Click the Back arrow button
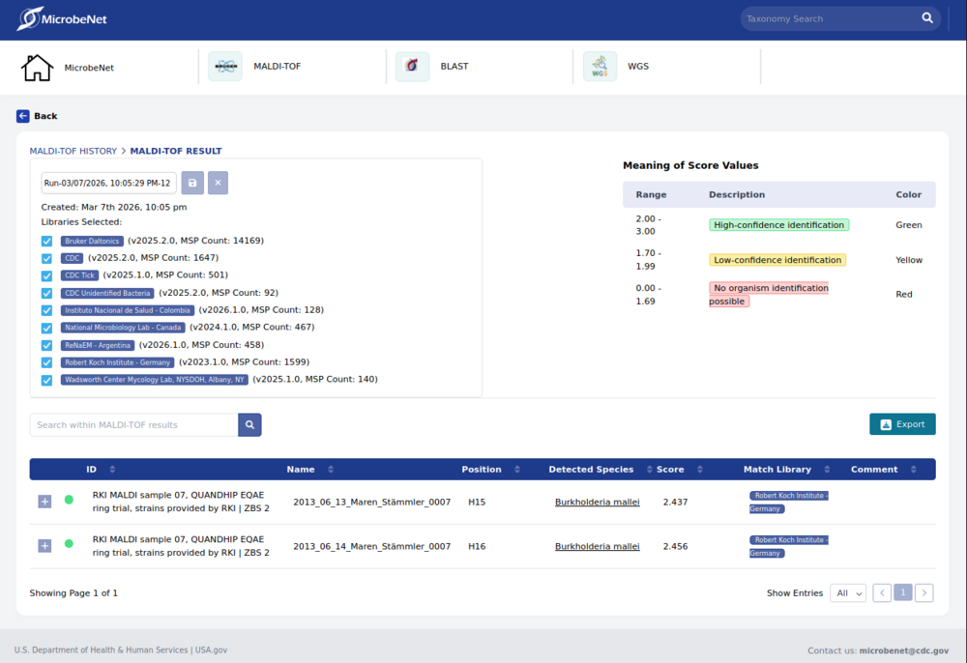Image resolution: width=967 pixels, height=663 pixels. coord(23,116)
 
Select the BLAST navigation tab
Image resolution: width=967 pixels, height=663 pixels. coord(454,67)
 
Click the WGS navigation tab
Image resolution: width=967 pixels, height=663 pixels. coord(637,67)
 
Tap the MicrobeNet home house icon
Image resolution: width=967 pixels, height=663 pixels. coord(37,68)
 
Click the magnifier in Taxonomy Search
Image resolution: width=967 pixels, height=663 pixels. coord(927,18)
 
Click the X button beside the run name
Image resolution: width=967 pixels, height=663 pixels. coord(218,183)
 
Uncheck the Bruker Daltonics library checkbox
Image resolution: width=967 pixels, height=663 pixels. coord(46,241)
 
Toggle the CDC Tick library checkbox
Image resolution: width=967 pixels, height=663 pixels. coord(46,275)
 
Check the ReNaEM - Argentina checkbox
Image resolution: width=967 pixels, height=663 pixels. coord(46,345)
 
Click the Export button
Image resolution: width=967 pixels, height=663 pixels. coord(902,424)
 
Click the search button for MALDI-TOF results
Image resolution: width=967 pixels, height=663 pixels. coord(249,424)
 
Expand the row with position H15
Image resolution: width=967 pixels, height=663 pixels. coord(44,502)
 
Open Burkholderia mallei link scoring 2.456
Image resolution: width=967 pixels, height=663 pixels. coord(597,546)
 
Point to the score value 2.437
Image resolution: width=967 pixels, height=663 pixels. coord(675,502)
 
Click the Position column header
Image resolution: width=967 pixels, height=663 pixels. coord(482,470)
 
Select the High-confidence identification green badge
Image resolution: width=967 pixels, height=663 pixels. coord(778,225)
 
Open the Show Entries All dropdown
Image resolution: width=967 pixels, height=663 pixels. coord(848,592)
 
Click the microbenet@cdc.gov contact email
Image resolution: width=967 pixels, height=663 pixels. coord(903,650)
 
